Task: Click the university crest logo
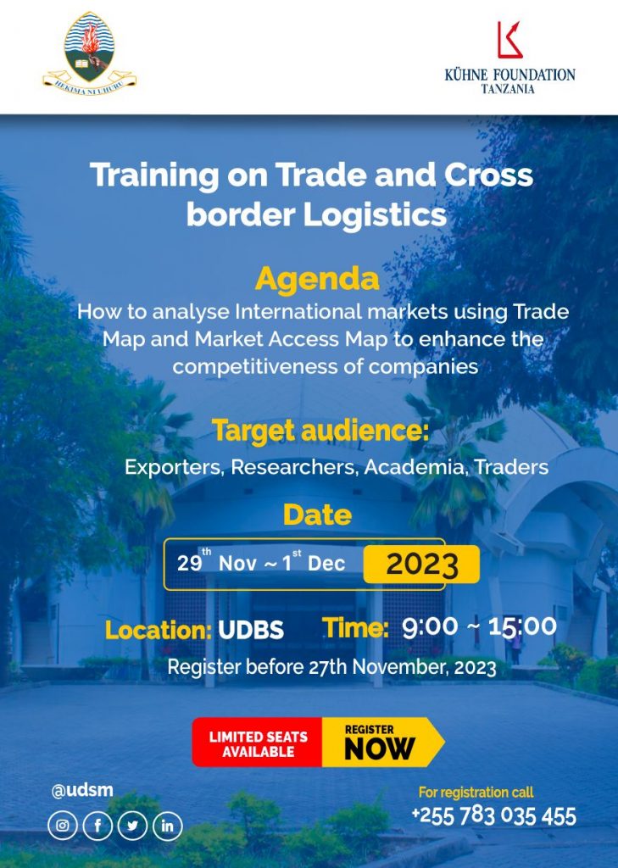89,53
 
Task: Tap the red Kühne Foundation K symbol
510,40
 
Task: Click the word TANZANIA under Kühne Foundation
508,88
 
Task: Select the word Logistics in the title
375,214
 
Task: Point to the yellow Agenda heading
317,279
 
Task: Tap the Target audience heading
320,431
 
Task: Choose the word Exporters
175,467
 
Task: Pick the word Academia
415,467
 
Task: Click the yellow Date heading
317,515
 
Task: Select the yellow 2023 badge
421,564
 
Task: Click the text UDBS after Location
251,630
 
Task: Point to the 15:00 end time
522,626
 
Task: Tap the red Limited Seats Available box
258,743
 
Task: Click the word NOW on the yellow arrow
379,749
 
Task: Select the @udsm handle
82,790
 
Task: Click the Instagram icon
63,826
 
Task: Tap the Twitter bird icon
132,826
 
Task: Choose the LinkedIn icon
167,826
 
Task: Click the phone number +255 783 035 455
494,816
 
